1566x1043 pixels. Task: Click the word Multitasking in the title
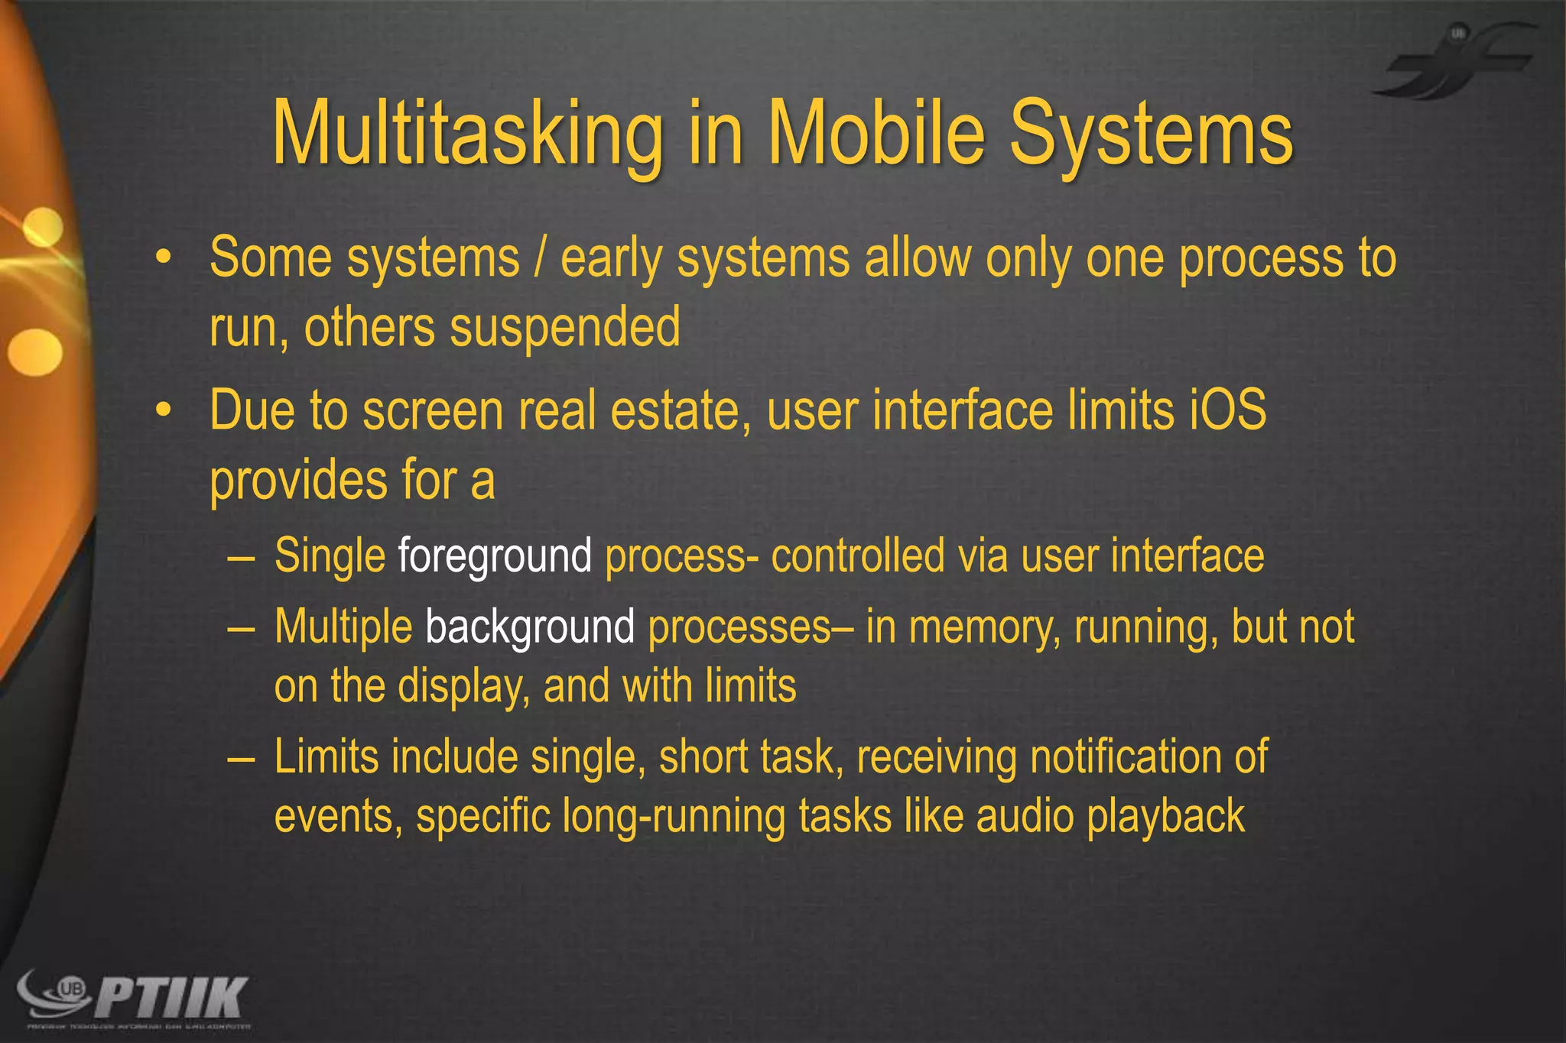467,134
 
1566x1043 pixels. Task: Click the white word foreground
495,556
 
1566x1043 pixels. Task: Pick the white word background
530,627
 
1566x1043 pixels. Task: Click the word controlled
857,556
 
